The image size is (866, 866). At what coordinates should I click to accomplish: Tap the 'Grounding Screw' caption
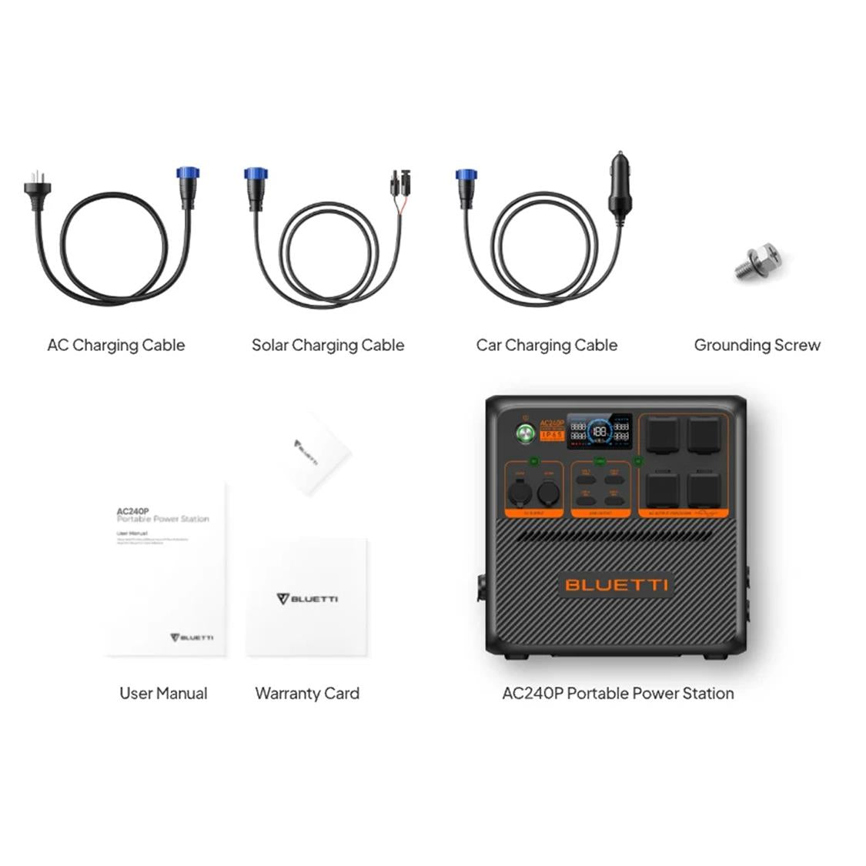point(757,346)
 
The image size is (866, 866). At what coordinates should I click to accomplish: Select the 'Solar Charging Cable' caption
point(328,346)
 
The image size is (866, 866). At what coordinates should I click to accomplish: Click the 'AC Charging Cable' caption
point(116,346)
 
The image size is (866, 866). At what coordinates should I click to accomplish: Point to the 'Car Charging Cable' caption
point(547,346)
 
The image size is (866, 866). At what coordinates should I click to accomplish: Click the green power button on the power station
point(527,433)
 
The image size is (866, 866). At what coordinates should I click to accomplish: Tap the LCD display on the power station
point(600,431)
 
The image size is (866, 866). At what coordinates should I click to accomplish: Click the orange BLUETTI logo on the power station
point(616,585)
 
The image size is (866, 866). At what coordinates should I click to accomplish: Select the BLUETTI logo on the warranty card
point(306,599)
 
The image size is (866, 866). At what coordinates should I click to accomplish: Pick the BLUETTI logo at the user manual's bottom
point(192,637)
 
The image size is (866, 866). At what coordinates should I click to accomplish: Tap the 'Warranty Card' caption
point(307,694)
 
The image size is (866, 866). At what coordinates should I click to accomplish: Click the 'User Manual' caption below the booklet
point(163,694)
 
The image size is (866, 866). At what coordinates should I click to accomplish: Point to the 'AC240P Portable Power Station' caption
point(617,694)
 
